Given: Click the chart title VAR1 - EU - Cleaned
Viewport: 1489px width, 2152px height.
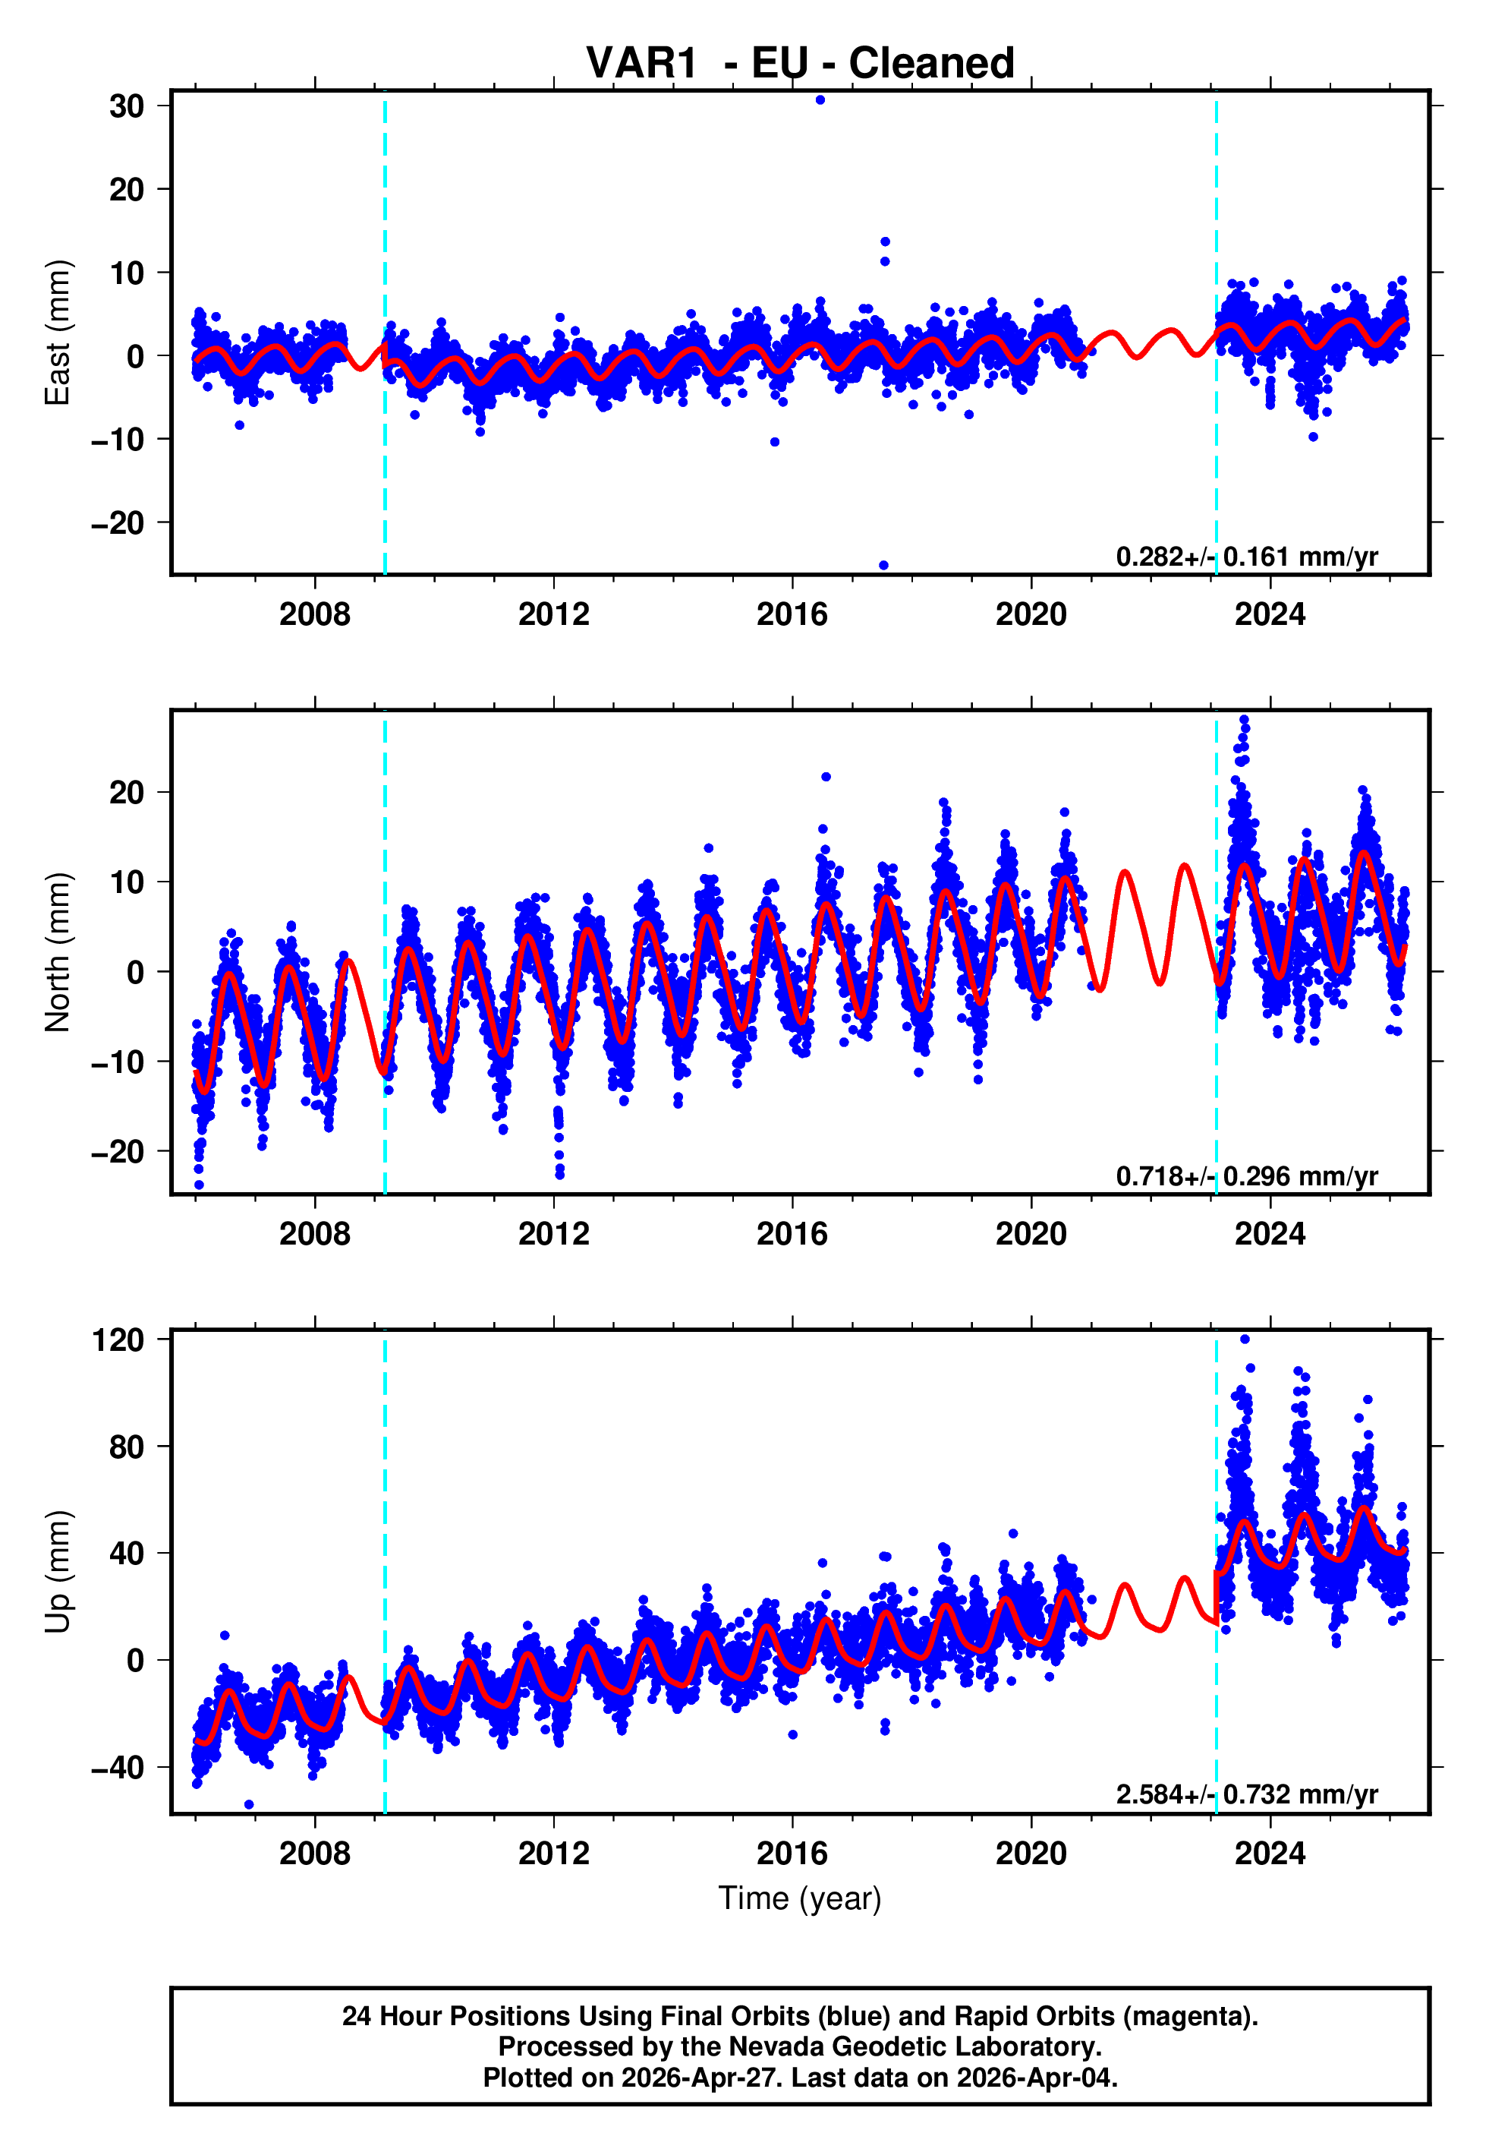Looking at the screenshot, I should click(x=800, y=64).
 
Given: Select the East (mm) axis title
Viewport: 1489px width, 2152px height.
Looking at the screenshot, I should click(x=58, y=333).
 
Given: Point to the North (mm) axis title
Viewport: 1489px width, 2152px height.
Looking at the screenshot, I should click(x=58, y=952).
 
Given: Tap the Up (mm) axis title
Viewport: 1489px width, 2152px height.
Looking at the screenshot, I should click(x=58, y=1572).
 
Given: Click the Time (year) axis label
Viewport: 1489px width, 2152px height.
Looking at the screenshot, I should click(x=800, y=1898).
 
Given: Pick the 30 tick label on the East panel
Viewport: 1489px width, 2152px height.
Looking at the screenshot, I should click(x=126, y=106).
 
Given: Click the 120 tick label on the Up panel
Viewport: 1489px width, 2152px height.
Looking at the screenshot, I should click(x=118, y=1340).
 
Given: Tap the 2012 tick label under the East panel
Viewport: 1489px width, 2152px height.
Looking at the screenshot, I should click(x=553, y=614).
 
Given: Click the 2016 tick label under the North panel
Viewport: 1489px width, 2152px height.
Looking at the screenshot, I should click(x=792, y=1234).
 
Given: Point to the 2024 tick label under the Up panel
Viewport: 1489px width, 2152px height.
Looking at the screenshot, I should click(x=1270, y=1854).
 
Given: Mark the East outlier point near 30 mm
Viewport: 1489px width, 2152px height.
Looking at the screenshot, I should click(x=820, y=99).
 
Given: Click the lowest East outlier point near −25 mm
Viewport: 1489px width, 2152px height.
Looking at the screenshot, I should click(x=883, y=566).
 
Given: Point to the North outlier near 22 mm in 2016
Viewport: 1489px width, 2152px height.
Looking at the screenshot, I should click(x=826, y=777).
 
